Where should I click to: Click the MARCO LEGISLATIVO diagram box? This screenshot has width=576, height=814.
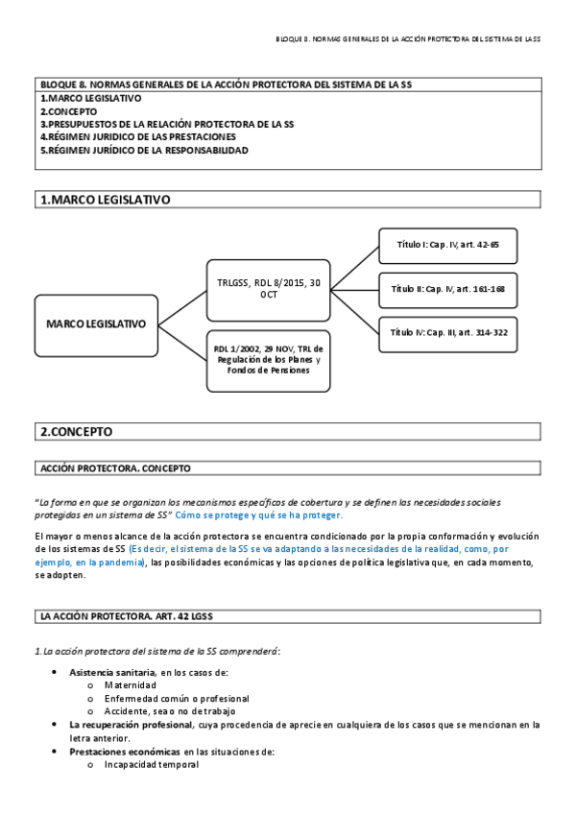point(96,323)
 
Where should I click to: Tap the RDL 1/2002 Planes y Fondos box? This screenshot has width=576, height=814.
point(268,359)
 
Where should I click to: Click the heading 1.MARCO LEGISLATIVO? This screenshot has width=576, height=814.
point(106,200)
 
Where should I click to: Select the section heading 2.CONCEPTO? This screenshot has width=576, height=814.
point(76,432)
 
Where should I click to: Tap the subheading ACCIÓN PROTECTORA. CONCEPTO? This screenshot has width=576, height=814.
point(115,468)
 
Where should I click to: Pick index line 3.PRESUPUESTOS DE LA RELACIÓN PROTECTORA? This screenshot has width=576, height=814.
point(166,125)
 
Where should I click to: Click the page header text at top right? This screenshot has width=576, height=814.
point(408,38)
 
